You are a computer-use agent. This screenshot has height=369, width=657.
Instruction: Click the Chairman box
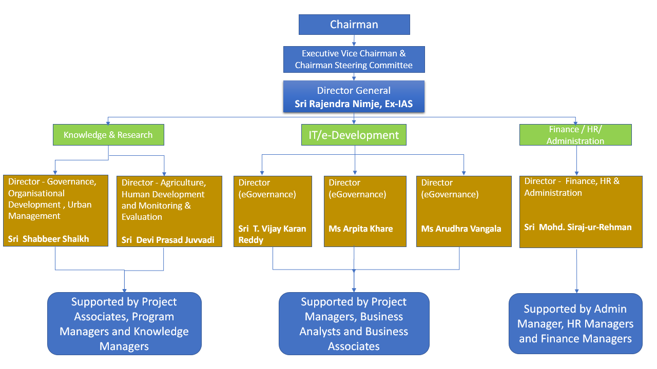pyautogui.click(x=354, y=25)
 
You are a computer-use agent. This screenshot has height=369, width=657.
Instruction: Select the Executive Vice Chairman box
pyautogui.click(x=354, y=59)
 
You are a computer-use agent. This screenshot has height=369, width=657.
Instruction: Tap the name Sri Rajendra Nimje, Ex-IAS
pyautogui.click(x=354, y=104)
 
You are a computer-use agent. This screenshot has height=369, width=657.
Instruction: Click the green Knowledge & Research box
pyautogui.click(x=108, y=135)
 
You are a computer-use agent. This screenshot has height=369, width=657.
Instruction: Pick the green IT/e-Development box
pyautogui.click(x=354, y=135)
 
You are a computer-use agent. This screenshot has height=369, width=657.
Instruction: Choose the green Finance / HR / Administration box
pyautogui.click(x=575, y=135)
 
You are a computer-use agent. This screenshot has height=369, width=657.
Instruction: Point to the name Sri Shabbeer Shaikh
pyautogui.click(x=48, y=239)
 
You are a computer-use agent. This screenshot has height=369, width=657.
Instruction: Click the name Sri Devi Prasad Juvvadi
pyautogui.click(x=168, y=240)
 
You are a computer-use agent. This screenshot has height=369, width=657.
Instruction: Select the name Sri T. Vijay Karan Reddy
pyautogui.click(x=272, y=234)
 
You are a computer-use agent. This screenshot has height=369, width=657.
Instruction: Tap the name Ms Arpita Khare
pyautogui.click(x=360, y=229)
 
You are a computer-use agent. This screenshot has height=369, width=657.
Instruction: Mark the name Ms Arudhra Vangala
pyautogui.click(x=461, y=229)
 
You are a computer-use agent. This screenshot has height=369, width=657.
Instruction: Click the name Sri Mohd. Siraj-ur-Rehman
pyautogui.click(x=578, y=227)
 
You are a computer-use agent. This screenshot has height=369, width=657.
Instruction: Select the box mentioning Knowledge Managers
pyautogui.click(x=124, y=323)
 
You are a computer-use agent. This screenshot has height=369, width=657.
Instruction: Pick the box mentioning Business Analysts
pyautogui.click(x=354, y=323)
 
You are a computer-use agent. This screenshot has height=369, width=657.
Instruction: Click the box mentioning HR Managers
pyautogui.click(x=575, y=323)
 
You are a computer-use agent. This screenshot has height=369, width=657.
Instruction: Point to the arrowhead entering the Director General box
pyautogui.click(x=354, y=78)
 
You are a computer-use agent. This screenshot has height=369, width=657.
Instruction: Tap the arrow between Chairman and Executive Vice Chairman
pyautogui.click(x=354, y=40)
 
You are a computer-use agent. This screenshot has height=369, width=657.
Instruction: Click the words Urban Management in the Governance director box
pyautogui.click(x=50, y=210)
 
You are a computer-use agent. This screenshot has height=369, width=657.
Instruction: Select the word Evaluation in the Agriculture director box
pyautogui.click(x=142, y=217)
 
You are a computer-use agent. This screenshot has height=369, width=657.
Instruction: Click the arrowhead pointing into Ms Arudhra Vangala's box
pyautogui.click(x=463, y=173)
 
